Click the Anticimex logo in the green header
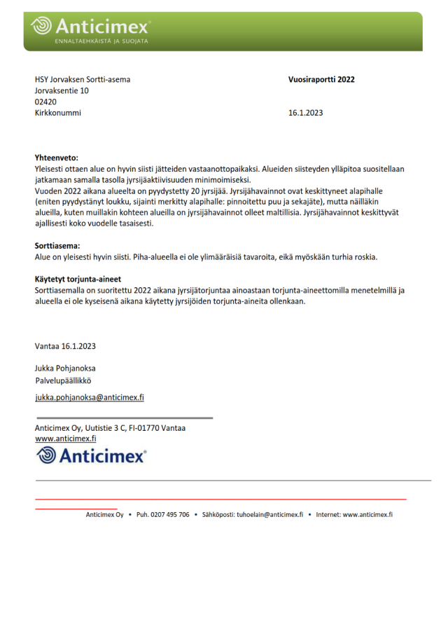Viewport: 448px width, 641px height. [x=91, y=27]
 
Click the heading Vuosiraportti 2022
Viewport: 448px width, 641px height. [x=321, y=80]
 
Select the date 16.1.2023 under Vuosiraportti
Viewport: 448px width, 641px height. [x=305, y=113]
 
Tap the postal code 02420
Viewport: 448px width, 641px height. [x=45, y=102]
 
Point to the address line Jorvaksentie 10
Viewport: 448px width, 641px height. [x=62, y=90]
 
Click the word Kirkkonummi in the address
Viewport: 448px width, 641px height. [x=57, y=113]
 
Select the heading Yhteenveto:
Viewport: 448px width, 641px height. [x=57, y=158]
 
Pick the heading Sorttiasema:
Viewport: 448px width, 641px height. [x=57, y=246]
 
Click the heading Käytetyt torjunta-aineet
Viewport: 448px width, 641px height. [x=78, y=279]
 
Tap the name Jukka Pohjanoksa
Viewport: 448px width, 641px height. [x=65, y=368]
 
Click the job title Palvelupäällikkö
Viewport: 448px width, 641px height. [x=63, y=381]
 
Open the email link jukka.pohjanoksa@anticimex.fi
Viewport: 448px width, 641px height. [x=89, y=397]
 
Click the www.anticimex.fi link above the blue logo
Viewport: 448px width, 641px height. [x=65, y=439]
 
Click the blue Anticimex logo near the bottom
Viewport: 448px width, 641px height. [x=91, y=455]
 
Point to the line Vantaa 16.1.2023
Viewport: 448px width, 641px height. [x=65, y=346]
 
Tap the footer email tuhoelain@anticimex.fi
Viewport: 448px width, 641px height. [x=270, y=514]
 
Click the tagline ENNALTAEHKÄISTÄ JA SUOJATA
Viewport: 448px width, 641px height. [x=101, y=41]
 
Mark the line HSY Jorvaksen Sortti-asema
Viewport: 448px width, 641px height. [x=82, y=79]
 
